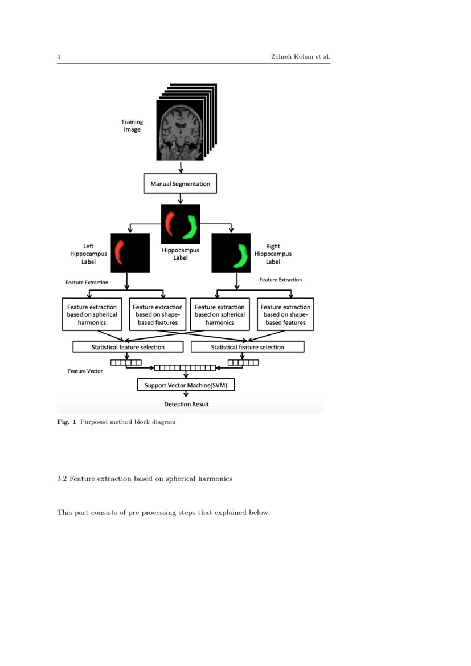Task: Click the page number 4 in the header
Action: tap(59, 57)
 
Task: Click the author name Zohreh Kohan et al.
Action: tap(300, 57)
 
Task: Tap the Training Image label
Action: tap(132, 125)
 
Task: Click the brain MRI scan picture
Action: tap(179, 130)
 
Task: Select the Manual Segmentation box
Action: tap(180, 184)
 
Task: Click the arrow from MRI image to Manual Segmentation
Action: tap(181, 167)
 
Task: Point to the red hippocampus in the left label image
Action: tap(120, 252)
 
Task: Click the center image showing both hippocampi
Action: tap(181, 224)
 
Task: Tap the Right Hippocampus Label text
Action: tap(273, 254)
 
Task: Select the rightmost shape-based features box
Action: tap(285, 314)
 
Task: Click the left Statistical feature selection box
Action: tap(128, 347)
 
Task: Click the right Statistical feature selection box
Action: tap(247, 347)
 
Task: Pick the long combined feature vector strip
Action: tap(185, 368)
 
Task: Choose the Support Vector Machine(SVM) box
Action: tap(186, 385)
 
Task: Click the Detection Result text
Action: tap(186, 404)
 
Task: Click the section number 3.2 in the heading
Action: tap(62, 479)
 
